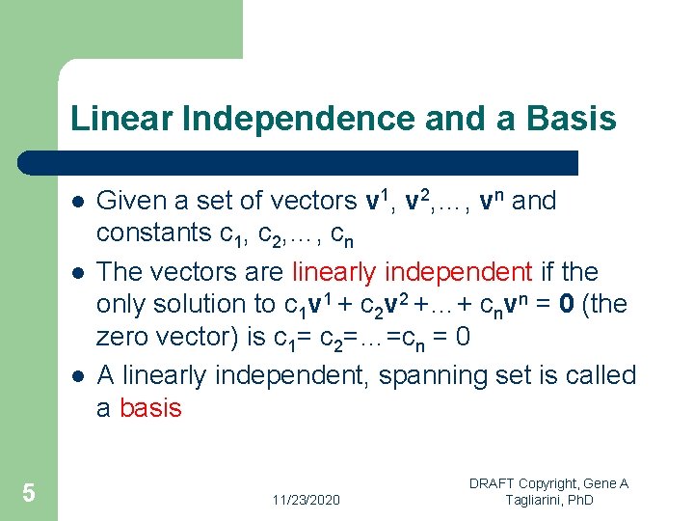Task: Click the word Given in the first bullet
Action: (131, 201)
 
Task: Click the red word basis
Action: (150, 408)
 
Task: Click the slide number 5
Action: (29, 494)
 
